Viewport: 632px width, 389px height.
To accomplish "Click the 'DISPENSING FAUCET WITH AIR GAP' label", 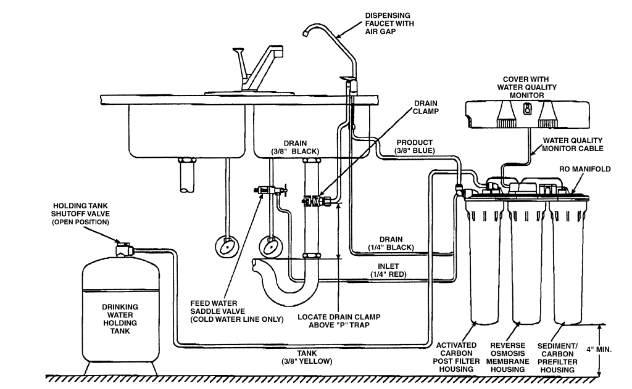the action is [x=389, y=23].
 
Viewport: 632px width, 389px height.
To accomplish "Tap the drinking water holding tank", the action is [x=120, y=312].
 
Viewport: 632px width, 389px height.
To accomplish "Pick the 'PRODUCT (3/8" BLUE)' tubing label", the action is [x=414, y=147].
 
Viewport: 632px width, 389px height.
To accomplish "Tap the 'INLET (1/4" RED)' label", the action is [x=388, y=270].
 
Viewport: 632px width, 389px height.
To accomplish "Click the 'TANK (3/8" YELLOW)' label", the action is [x=307, y=357].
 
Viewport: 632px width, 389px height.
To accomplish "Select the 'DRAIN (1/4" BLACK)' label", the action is [x=391, y=244].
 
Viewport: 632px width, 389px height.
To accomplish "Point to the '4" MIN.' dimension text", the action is [x=599, y=350].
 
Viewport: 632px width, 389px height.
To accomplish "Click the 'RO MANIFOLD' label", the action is [x=584, y=169].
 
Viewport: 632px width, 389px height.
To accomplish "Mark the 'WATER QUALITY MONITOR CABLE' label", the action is [x=572, y=144].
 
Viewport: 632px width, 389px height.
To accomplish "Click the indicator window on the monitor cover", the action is [x=526, y=109].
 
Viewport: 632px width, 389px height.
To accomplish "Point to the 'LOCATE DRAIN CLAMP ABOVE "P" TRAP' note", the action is [x=339, y=321].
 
